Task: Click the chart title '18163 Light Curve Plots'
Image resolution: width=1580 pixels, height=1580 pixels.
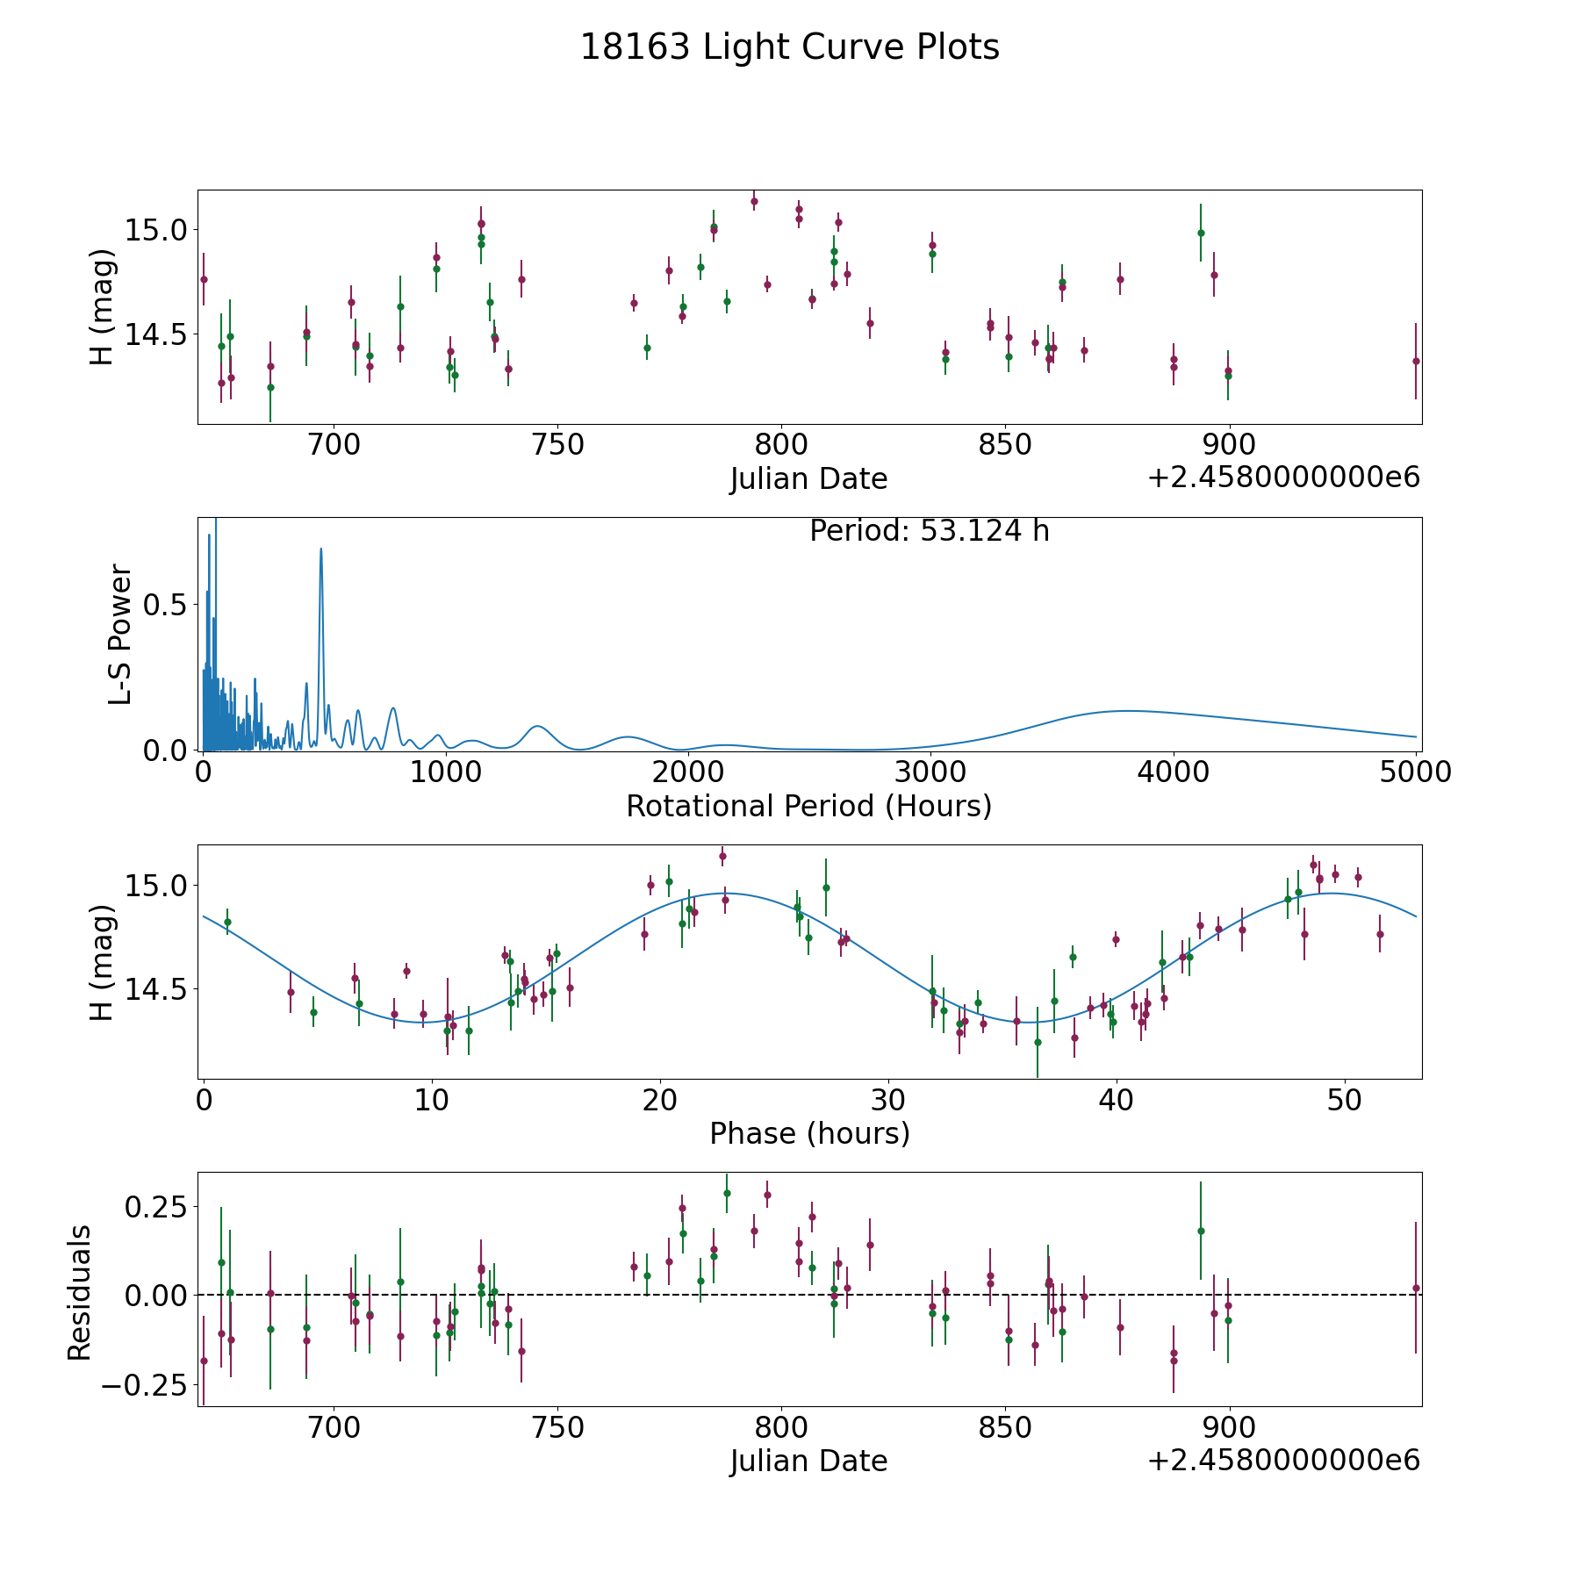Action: [790, 47]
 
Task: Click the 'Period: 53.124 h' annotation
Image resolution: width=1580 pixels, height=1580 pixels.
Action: [930, 531]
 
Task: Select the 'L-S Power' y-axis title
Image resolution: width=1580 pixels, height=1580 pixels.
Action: [120, 635]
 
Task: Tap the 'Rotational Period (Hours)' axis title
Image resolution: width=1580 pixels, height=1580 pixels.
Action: [808, 806]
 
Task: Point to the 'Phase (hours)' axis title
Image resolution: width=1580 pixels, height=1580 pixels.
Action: [809, 1133]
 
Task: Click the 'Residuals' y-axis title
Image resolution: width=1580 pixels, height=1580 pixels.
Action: [80, 1293]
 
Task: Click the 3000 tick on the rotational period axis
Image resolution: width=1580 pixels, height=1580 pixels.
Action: [930, 772]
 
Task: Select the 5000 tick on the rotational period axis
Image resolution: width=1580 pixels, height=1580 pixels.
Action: [1415, 772]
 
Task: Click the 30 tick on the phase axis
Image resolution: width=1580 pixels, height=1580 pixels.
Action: [888, 1100]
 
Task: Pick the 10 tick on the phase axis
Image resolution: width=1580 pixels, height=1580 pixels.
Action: [432, 1100]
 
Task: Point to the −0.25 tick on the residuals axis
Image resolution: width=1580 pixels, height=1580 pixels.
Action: [146, 1385]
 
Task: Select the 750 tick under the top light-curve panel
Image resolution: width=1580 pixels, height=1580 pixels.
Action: [558, 445]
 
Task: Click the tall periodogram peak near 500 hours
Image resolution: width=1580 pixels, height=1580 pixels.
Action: [321, 549]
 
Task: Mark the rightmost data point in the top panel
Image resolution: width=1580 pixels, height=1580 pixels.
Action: [1416, 361]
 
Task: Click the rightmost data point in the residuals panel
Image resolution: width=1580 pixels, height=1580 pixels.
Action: [1416, 1288]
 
